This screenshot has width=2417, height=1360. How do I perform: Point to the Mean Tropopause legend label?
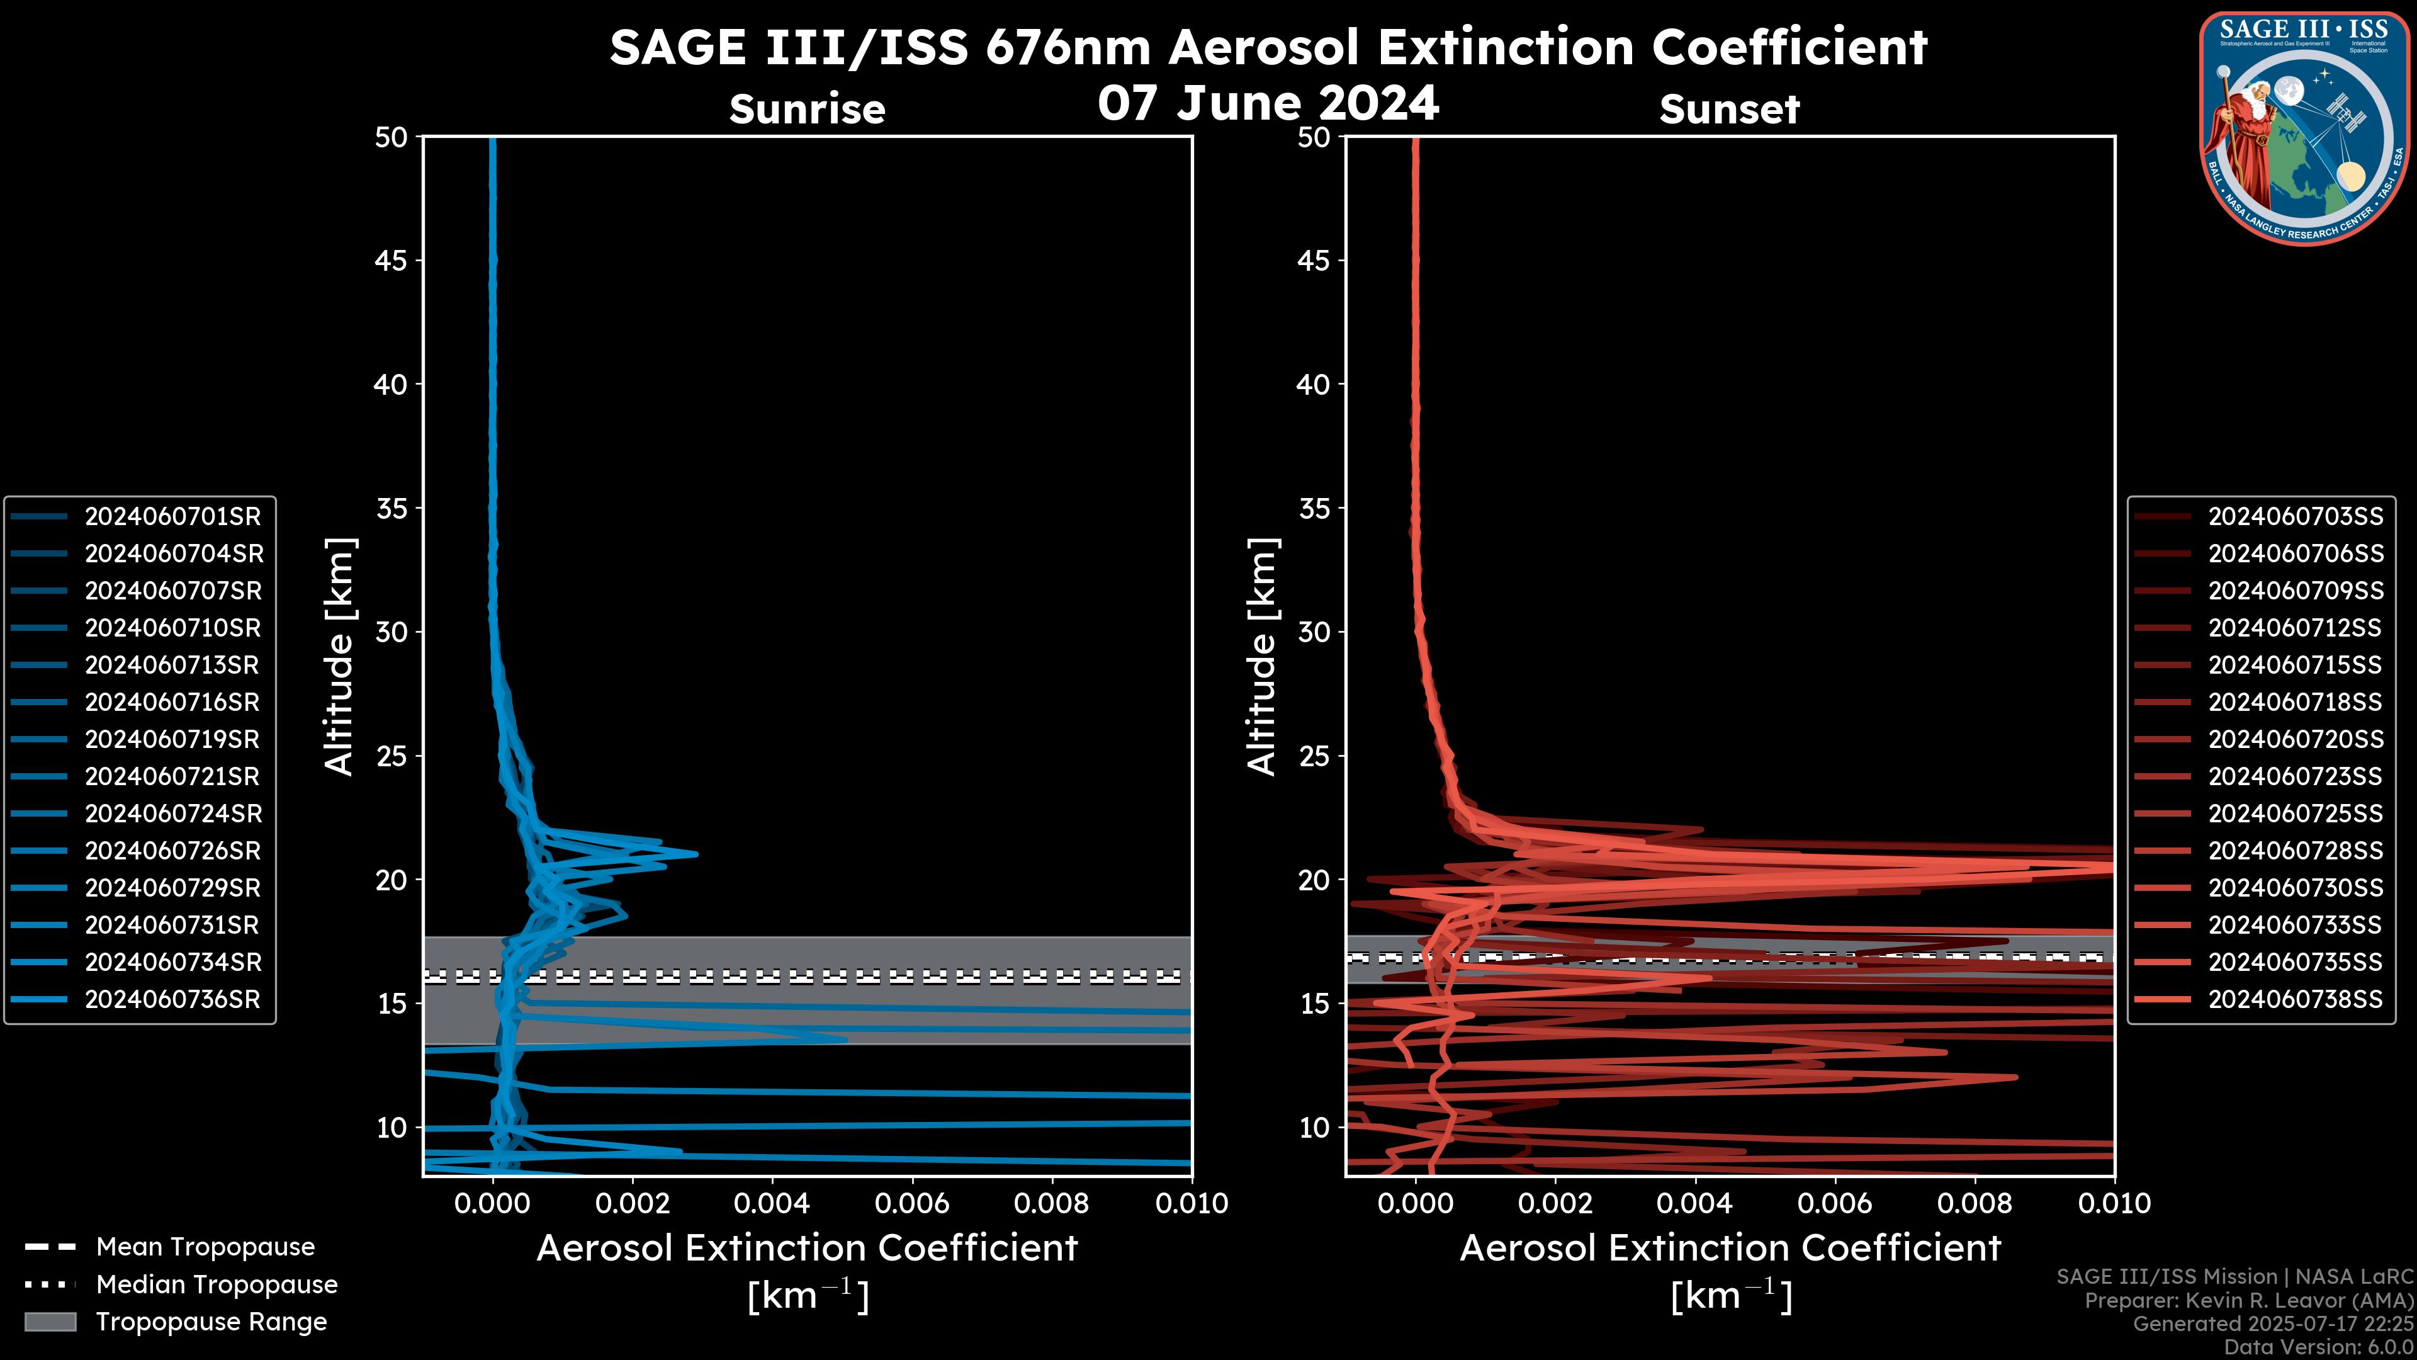(205, 1247)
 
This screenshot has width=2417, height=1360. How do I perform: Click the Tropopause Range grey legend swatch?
(50, 1322)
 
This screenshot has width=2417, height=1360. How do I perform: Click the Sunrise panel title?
(807, 109)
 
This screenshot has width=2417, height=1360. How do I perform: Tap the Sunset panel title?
(1729, 109)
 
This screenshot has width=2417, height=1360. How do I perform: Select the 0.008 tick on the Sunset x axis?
(1975, 1203)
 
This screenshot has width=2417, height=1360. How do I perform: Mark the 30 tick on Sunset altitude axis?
(1314, 632)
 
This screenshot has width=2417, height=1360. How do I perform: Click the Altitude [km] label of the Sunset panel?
(1262, 656)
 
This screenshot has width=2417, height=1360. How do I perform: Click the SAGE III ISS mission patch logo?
(2304, 128)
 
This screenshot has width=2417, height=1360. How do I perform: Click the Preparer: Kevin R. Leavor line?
(2249, 1301)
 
